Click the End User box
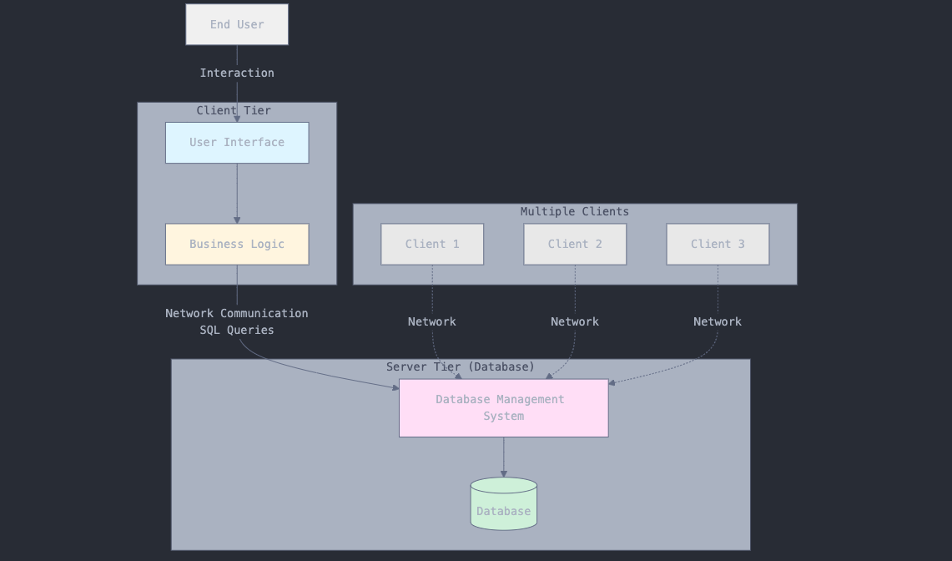click(x=237, y=24)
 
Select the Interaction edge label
click(x=237, y=73)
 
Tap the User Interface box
click(x=237, y=143)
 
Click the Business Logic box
click(x=237, y=244)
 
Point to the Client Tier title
click(x=234, y=110)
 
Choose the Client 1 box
click(x=432, y=244)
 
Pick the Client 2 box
click(x=575, y=244)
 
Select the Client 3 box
click(x=718, y=244)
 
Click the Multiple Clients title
click(x=575, y=211)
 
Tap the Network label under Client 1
click(x=432, y=321)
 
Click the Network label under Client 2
click(x=575, y=321)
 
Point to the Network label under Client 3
click(x=718, y=321)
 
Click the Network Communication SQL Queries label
click(x=237, y=321)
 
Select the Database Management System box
click(x=503, y=407)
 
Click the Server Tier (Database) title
click(x=461, y=366)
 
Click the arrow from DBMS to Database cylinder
click(x=503, y=457)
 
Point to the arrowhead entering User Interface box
click(x=237, y=119)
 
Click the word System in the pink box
click(x=503, y=416)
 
